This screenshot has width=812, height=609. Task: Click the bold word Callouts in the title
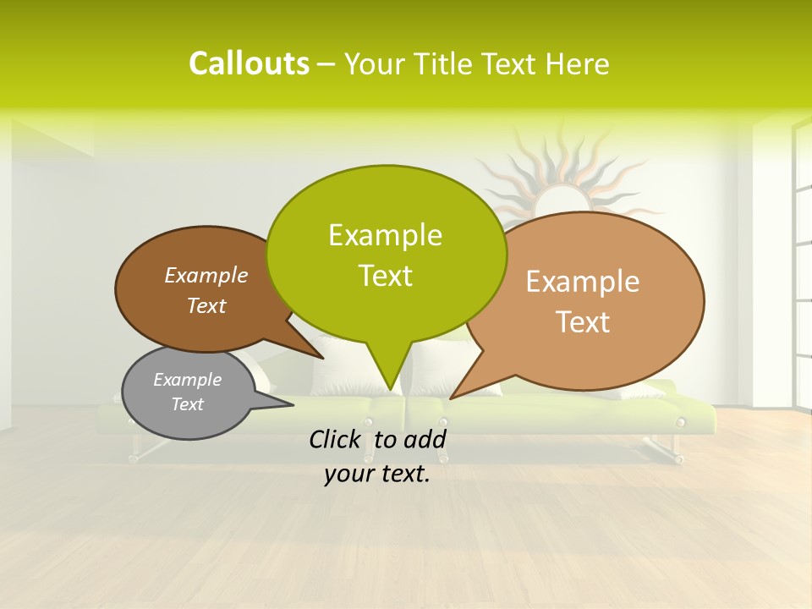coord(249,63)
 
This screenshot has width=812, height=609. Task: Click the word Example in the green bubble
coord(385,235)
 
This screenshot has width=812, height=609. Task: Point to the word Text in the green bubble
coord(385,276)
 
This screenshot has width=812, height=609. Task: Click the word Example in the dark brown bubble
coord(206,275)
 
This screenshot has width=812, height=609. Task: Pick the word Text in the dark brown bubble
coord(206,305)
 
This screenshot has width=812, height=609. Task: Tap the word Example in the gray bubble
coord(187,380)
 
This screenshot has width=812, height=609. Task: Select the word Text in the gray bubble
coord(187,404)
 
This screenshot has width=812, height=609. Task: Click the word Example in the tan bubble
coord(583,282)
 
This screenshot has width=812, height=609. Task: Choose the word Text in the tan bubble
coord(583,322)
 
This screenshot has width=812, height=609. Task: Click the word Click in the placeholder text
coord(336,439)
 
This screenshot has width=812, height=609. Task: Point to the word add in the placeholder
coord(425,439)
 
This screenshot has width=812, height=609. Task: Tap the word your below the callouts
coord(347,475)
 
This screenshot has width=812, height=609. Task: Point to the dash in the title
coord(327,65)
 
